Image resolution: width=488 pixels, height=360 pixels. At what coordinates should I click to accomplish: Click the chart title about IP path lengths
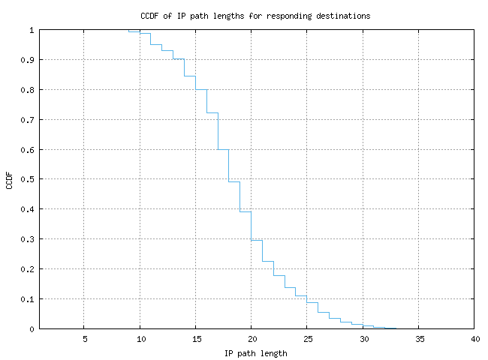[x=255, y=15]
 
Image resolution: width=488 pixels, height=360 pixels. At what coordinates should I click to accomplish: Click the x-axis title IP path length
[x=255, y=353]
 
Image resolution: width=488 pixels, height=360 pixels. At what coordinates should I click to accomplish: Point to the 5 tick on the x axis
[x=84, y=339]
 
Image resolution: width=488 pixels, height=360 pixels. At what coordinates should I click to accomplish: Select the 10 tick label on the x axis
[x=140, y=339]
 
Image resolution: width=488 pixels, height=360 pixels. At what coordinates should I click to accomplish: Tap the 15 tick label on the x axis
[x=195, y=339]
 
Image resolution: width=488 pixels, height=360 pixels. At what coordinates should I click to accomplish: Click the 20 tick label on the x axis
[x=252, y=339]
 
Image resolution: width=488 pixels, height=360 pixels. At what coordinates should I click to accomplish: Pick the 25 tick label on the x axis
[x=307, y=339]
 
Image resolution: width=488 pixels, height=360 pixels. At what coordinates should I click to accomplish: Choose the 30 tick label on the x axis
[x=363, y=339]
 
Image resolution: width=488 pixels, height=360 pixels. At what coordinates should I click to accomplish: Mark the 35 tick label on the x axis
[x=419, y=339]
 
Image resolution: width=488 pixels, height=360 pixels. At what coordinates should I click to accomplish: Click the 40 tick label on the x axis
[x=474, y=339]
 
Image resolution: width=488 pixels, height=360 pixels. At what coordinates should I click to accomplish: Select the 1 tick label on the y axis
[x=32, y=30]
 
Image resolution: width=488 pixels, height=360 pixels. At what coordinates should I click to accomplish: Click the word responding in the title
[x=296, y=15]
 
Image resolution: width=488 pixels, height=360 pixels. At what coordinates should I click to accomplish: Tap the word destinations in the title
[x=345, y=15]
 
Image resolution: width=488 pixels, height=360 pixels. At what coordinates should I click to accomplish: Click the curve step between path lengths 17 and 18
[x=223, y=149]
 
